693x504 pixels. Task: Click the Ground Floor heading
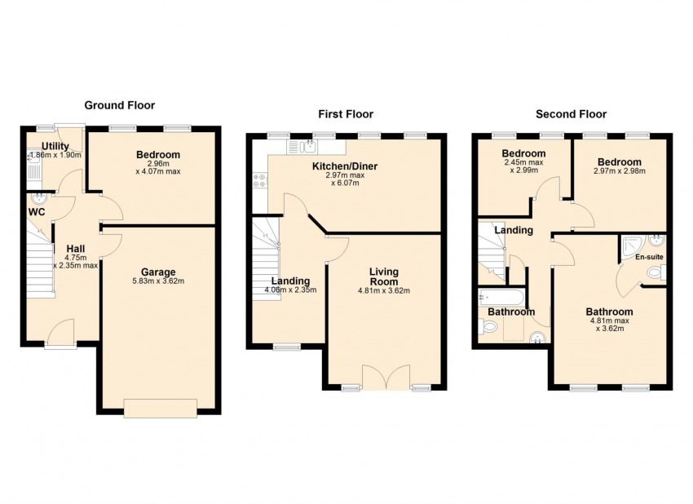119,105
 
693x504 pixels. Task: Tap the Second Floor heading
571,114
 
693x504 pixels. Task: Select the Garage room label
158,272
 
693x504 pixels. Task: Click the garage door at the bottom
161,408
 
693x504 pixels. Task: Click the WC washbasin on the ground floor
40,198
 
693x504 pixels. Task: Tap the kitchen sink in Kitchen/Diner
309,145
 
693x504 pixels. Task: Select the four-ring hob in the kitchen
259,180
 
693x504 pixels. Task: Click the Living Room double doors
386,378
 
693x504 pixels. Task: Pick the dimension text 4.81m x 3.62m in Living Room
384,291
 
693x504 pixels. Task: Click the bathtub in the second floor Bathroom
501,297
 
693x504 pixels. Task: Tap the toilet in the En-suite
657,272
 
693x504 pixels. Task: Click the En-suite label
649,256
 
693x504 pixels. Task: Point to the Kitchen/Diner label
345,166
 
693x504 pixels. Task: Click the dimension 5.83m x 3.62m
158,281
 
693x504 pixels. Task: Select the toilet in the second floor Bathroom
487,327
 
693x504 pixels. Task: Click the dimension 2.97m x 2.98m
619,171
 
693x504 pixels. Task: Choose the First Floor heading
346,114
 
